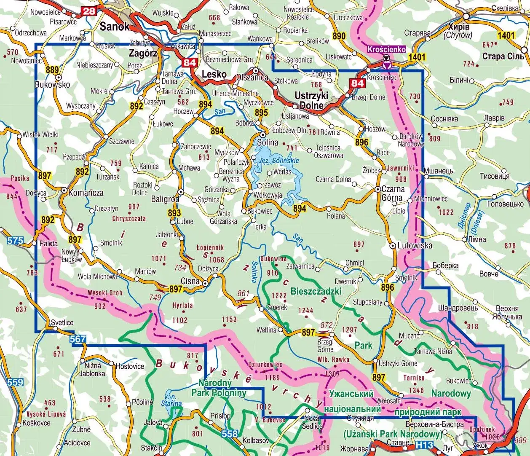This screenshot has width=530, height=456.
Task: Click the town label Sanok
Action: click(114, 27)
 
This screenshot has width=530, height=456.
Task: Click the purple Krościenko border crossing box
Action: click(386, 49)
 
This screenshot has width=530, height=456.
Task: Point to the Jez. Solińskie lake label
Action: click(279, 161)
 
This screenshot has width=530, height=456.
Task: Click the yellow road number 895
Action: click(261, 113)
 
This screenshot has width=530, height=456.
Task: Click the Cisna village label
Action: click(190, 281)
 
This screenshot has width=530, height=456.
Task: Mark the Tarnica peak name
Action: click(413, 378)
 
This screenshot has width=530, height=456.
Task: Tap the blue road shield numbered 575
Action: click(15, 241)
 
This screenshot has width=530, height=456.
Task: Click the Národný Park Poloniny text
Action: click(219, 388)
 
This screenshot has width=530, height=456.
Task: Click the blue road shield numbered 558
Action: click(230, 434)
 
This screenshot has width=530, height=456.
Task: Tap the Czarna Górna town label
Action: click(392, 193)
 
